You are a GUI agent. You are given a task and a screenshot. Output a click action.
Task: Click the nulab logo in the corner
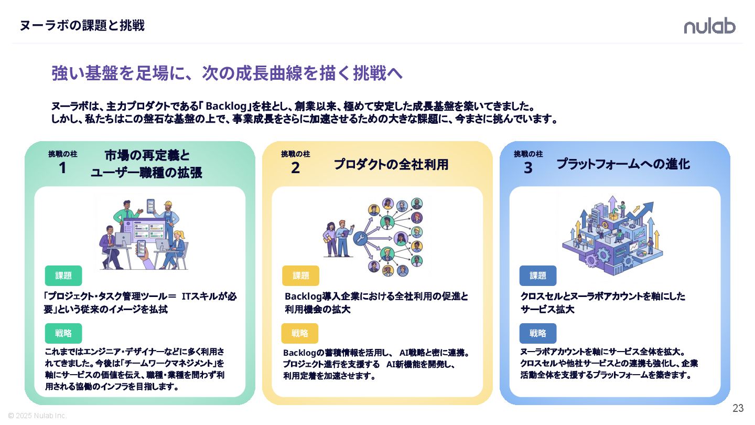[x=709, y=26]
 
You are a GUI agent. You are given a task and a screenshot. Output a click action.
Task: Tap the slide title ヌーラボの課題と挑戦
[x=82, y=25]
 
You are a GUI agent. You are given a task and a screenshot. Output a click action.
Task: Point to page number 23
[x=738, y=408]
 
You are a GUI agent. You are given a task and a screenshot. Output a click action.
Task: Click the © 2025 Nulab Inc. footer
[x=37, y=416]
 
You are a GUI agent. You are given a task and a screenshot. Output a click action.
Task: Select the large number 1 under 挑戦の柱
[x=62, y=168]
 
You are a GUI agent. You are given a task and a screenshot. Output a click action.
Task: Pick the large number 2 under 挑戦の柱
[x=295, y=168]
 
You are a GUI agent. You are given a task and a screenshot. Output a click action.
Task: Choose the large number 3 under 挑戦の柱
[x=528, y=168]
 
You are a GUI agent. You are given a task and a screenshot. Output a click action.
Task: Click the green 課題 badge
[x=63, y=275]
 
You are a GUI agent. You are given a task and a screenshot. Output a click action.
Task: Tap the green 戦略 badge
[x=63, y=333]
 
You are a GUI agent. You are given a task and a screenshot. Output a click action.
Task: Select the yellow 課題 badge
[x=300, y=275]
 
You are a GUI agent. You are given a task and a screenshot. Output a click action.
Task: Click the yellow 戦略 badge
[x=300, y=333]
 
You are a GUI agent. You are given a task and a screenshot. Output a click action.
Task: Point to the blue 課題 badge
[x=538, y=275]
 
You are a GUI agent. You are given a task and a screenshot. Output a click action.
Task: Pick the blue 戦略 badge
[x=538, y=333]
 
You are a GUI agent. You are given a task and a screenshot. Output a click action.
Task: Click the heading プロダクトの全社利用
[x=391, y=164]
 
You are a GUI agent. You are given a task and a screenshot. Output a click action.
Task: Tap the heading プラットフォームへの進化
[x=623, y=164]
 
